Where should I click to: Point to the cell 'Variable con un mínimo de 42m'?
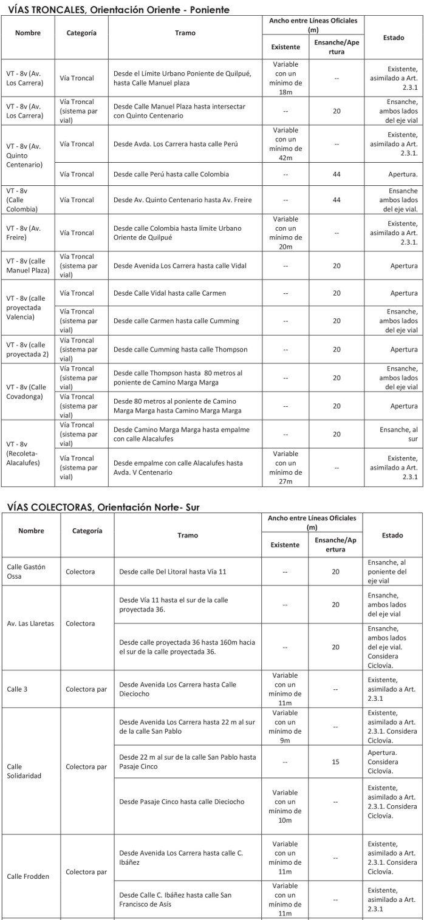[286, 144]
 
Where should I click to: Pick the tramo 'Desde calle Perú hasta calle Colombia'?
[171, 174]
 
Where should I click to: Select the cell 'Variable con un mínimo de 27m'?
[286, 468]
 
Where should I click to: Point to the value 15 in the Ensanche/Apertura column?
[335, 762]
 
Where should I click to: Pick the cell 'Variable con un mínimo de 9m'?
[286, 726]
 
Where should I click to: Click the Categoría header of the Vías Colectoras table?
[87, 531]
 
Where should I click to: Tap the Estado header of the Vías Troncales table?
[394, 38]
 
